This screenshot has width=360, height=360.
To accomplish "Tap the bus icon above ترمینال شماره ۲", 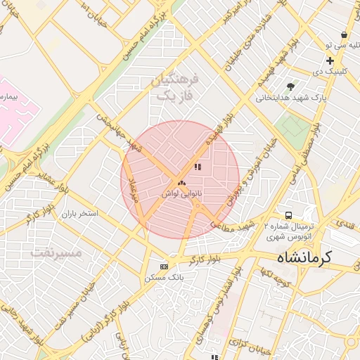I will pyautogui.click(x=288, y=215).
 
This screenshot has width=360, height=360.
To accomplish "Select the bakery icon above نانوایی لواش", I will pyautogui.click(x=181, y=183).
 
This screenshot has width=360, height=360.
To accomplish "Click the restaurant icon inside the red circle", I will pyautogui.click(x=198, y=167).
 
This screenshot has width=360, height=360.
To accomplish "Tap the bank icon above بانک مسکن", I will pyautogui.click(x=164, y=266).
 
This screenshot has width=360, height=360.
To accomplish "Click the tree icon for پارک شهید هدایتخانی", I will pyautogui.click(x=290, y=86).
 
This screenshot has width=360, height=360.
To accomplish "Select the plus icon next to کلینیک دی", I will pyautogui.click(x=329, y=60).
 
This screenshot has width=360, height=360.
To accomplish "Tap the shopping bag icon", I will pyautogui.click(x=343, y=34).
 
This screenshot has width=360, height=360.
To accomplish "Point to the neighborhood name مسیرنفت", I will pyautogui.click(x=57, y=252).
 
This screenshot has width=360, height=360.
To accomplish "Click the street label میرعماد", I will pyautogui.click(x=133, y=189).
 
